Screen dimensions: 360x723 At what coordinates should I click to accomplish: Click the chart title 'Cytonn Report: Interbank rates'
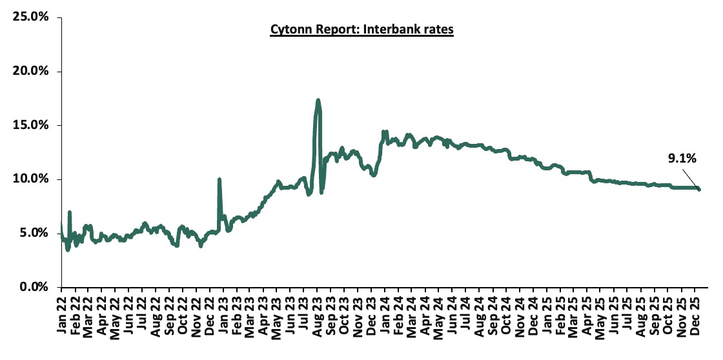click(x=361, y=30)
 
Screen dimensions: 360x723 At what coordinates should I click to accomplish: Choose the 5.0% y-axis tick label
click(x=34, y=233)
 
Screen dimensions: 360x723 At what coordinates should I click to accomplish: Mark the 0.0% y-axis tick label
click(x=34, y=287)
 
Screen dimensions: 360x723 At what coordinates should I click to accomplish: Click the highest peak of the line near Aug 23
click(x=318, y=101)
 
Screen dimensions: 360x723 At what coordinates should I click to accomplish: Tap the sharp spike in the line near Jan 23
click(x=219, y=180)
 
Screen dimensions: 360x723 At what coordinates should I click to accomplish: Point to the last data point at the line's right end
click(x=699, y=189)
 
